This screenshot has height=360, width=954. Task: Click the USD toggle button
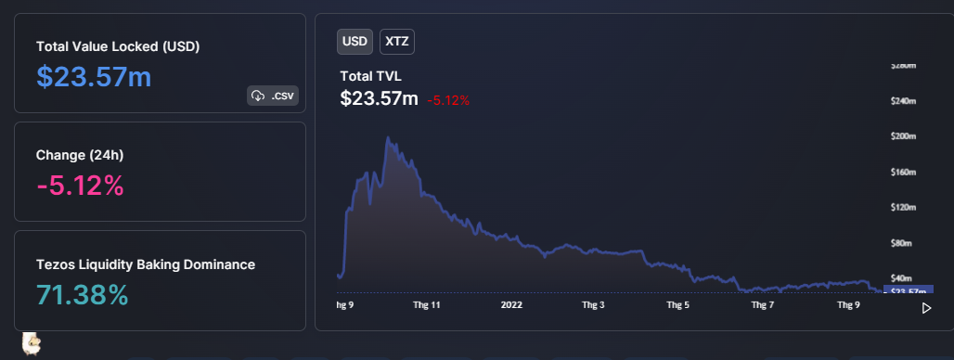click(355, 42)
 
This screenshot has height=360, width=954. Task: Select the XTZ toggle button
click(397, 42)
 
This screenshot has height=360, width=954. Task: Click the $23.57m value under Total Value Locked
click(94, 77)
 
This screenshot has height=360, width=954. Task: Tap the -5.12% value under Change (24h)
click(80, 186)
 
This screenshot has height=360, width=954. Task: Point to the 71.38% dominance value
click(82, 295)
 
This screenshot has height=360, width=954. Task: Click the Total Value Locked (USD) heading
click(118, 45)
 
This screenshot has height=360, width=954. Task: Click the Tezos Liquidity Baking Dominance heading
click(146, 264)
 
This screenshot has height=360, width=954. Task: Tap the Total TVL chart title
click(371, 76)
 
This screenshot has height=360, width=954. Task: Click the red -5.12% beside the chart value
click(448, 100)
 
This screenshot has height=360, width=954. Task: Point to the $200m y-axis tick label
click(903, 137)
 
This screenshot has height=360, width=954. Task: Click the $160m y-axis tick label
click(903, 173)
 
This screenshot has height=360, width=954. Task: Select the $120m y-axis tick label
click(903, 208)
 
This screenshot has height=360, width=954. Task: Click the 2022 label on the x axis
click(512, 303)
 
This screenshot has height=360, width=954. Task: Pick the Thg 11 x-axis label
click(426, 303)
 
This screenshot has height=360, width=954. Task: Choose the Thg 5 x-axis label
click(678, 303)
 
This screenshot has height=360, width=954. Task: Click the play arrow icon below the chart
click(926, 308)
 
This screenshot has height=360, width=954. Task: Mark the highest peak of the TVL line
click(386, 138)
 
